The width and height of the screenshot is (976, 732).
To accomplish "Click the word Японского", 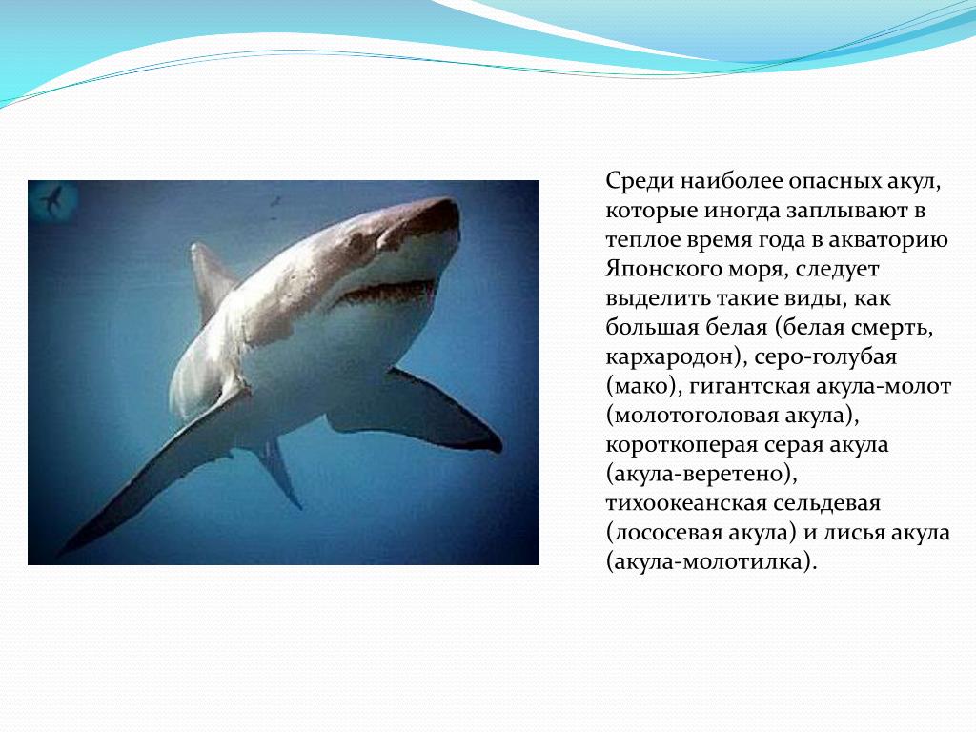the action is pyautogui.click(x=665, y=270).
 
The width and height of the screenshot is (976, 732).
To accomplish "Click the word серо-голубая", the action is pyautogui.click(x=826, y=357).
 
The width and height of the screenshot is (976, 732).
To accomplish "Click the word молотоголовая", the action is pyautogui.click(x=695, y=416).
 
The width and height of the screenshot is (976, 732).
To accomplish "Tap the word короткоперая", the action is pyautogui.click(x=681, y=445).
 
